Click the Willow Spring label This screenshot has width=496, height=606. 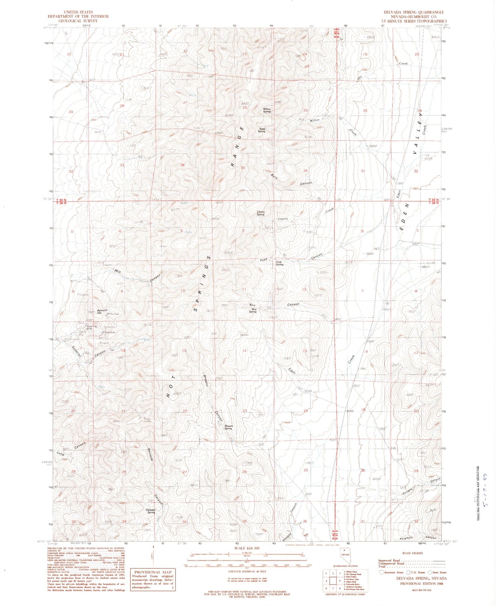tap(267, 110)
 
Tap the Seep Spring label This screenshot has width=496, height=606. tap(262, 130)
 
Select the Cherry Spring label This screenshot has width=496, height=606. tap(261, 213)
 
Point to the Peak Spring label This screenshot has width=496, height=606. tap(279, 263)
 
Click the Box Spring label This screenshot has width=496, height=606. tap(253, 310)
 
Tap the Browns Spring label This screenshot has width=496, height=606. tap(229, 427)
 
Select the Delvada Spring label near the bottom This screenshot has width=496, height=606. tap(150, 511)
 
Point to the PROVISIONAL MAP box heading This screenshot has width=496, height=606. tap(152, 572)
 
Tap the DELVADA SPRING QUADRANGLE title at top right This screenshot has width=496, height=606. tap(413, 12)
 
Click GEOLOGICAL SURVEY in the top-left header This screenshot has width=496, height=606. tap(78, 20)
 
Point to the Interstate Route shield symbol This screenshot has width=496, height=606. tap(381, 572)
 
